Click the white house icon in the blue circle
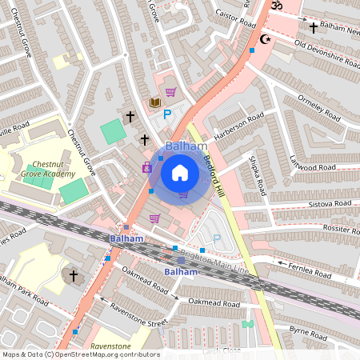click(x=180, y=172)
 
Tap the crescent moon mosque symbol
click(x=266, y=38)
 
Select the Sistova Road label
click(x=330, y=204)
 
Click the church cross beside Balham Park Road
click(x=73, y=276)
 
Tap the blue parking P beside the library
click(x=167, y=115)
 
